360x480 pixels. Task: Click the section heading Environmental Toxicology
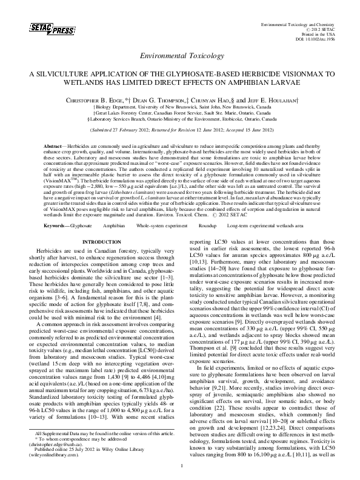click(180, 56)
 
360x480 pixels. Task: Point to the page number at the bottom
click(180, 465)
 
